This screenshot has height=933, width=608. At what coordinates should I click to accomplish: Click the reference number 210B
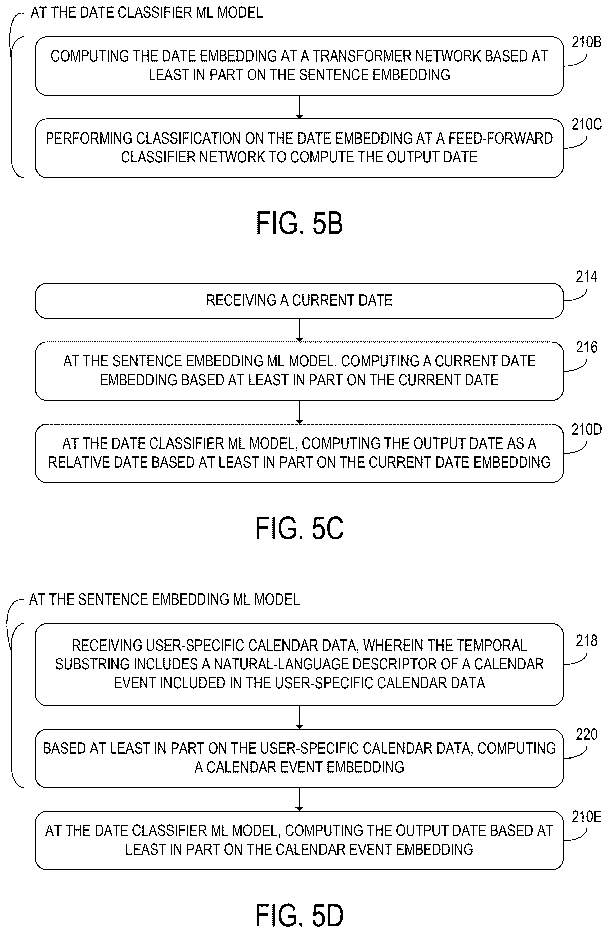click(x=586, y=42)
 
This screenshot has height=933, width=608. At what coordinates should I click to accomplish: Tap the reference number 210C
click(x=586, y=124)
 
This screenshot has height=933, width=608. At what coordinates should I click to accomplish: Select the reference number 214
click(x=586, y=277)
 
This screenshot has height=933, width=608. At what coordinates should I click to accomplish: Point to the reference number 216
click(x=586, y=347)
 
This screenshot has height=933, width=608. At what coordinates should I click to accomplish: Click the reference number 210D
click(x=586, y=430)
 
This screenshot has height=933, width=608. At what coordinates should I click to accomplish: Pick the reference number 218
click(x=586, y=640)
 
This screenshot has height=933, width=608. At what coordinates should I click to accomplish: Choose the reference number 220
click(x=586, y=734)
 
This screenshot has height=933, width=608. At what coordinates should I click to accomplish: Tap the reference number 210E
click(x=586, y=817)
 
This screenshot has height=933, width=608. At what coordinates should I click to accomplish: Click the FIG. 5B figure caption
click(x=300, y=223)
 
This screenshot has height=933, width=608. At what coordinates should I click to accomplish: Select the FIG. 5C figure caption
click(x=300, y=528)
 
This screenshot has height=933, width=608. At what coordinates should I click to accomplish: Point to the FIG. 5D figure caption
click(x=300, y=915)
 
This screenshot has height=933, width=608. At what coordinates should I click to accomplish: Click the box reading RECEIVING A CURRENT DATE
click(x=299, y=301)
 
